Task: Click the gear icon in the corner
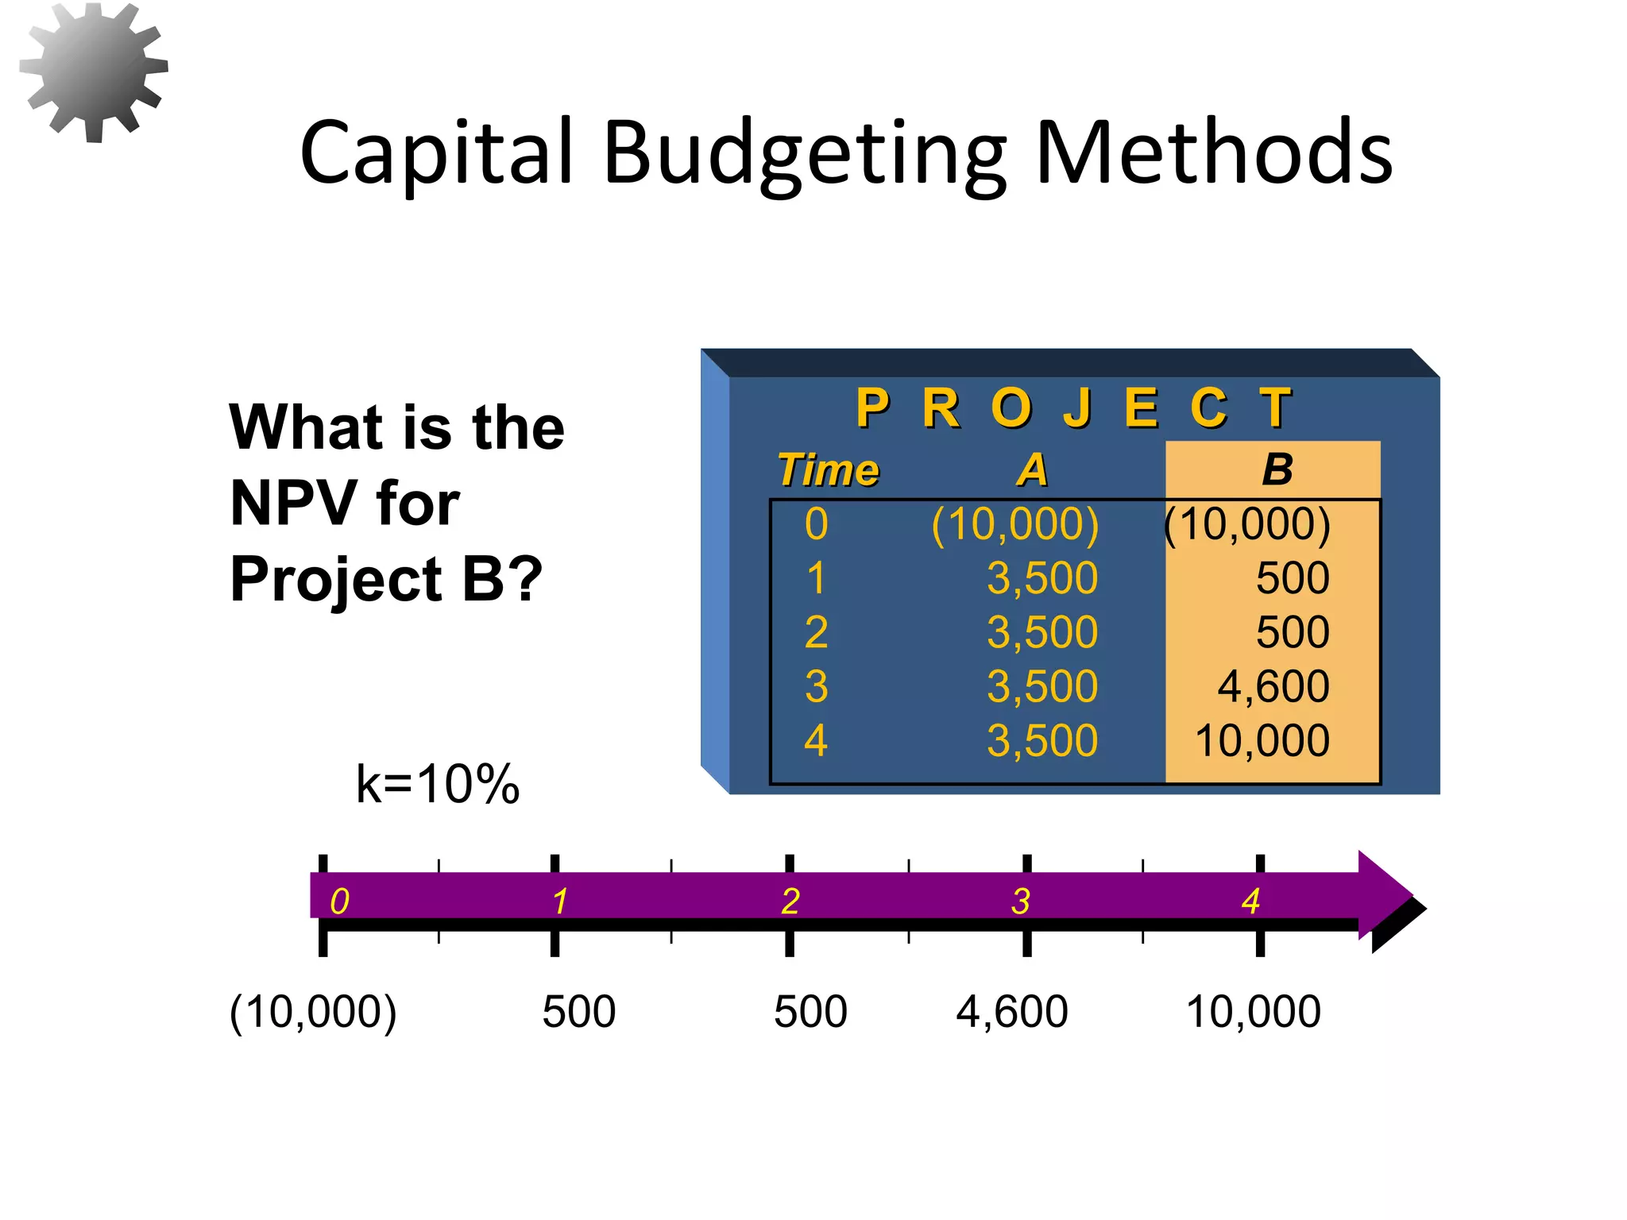pyautogui.click(x=93, y=71)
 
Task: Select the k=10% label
pyautogui.click(x=437, y=784)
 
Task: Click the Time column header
pyautogui.click(x=828, y=469)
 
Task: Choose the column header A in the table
pyautogui.click(x=1032, y=469)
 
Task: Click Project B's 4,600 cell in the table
pyautogui.click(x=1273, y=686)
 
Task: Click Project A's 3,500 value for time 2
pyautogui.click(x=1042, y=632)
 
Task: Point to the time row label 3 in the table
pyautogui.click(x=816, y=686)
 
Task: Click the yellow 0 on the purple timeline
pyautogui.click(x=339, y=901)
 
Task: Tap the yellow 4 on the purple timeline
pyautogui.click(x=1250, y=901)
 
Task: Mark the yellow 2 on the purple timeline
pyautogui.click(x=790, y=901)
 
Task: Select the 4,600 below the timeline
pyautogui.click(x=1011, y=1012)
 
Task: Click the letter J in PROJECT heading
pyautogui.click(x=1077, y=407)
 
